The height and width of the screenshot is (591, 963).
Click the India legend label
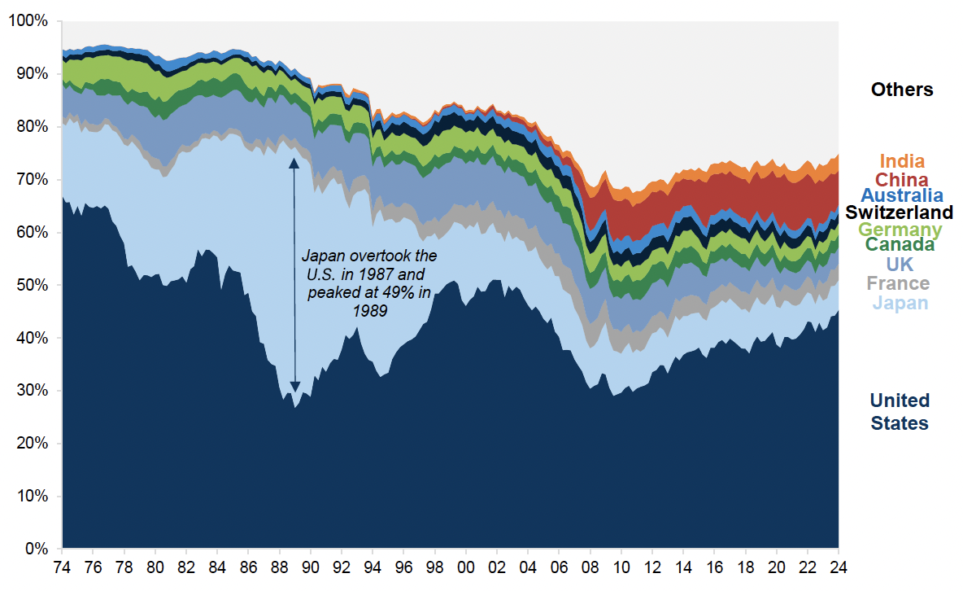(x=902, y=162)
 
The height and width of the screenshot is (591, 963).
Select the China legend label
(x=902, y=179)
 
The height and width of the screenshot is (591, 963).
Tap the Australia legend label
(x=902, y=195)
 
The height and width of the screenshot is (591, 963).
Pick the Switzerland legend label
(x=899, y=212)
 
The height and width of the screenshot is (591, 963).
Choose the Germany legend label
(x=900, y=230)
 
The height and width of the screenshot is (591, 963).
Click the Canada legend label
(x=900, y=244)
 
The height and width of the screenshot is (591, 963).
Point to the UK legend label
(x=900, y=265)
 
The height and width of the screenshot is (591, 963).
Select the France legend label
(x=898, y=283)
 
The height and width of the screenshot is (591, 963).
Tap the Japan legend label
(x=900, y=304)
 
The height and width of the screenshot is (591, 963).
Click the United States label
(x=899, y=412)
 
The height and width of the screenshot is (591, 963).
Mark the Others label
(x=902, y=90)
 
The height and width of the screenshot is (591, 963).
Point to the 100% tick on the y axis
(x=28, y=20)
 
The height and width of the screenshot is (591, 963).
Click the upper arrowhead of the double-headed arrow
(x=294, y=163)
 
